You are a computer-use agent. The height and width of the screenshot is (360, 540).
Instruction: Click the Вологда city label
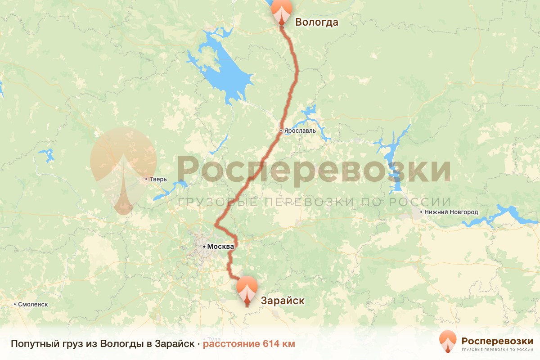[316, 22]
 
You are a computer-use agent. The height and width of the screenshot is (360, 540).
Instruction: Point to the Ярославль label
[300, 131]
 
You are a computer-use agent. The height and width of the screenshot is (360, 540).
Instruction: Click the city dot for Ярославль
[281, 130]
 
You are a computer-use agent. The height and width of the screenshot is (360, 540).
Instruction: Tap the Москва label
[220, 247]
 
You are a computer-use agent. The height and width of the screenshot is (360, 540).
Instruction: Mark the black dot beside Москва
[204, 247]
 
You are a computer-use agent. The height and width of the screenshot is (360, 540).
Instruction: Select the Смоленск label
[33, 304]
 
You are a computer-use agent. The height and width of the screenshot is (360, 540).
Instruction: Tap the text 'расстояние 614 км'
[249, 344]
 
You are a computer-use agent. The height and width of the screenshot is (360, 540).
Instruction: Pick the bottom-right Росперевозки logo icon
[448, 342]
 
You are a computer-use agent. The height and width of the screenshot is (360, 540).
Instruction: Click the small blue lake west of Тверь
[47, 155]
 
